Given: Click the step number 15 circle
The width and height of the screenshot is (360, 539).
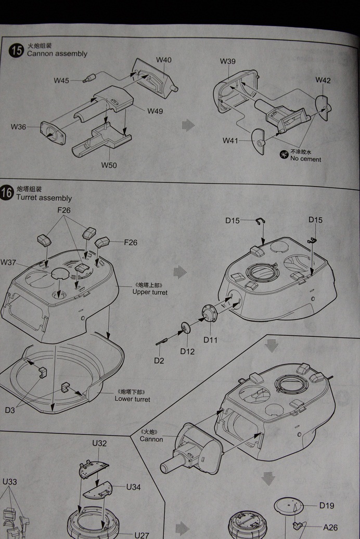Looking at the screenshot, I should (x=17, y=50).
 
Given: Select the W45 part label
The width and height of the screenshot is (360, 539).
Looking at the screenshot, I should (x=61, y=80).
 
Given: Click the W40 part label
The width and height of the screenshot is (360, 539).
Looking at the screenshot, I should (x=163, y=60).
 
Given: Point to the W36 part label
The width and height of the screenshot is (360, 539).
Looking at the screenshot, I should (x=18, y=127).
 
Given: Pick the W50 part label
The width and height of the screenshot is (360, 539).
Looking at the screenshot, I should (x=109, y=165).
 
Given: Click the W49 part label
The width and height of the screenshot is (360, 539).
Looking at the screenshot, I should (x=155, y=111).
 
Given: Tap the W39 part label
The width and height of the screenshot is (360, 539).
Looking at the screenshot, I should (x=227, y=61).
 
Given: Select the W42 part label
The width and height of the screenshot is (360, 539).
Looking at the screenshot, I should (x=323, y=80).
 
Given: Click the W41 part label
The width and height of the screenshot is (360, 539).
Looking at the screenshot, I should (x=230, y=140).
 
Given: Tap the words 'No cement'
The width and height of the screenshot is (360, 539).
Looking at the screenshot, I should (x=306, y=159).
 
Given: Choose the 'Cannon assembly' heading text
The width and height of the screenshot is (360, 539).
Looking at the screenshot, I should (x=57, y=54).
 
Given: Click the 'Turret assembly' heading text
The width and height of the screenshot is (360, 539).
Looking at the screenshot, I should (x=44, y=198).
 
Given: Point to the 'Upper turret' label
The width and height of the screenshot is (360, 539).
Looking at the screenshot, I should (x=150, y=292).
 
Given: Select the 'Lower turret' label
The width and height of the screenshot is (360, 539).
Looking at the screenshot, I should (x=132, y=399).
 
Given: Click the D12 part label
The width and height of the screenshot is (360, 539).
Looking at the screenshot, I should (x=187, y=351).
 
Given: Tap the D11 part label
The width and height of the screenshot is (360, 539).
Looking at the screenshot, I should (x=210, y=340).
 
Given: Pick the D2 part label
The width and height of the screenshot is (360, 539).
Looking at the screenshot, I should (x=159, y=361).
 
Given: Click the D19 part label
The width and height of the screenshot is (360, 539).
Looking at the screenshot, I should (x=327, y=505).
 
